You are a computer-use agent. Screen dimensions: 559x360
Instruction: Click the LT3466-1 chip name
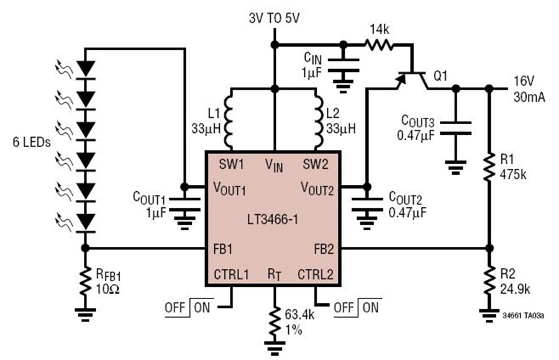coord(273,220)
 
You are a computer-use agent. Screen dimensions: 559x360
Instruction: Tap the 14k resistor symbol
coord(379,45)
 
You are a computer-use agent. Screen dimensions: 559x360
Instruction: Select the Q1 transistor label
coord(440,76)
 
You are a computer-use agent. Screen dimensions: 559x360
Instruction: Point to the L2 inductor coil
coord(319,119)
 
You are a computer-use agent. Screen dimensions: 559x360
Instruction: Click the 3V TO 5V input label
coord(274,19)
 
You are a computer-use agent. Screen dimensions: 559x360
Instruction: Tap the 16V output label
coord(524,81)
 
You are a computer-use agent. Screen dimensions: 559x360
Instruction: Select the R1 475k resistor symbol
coord(489,167)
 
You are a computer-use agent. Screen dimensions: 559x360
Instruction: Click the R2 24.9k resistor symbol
coord(489,280)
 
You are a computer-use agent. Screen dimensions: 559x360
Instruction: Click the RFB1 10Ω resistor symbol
coord(85,281)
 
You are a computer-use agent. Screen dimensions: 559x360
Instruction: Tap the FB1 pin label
coord(223,249)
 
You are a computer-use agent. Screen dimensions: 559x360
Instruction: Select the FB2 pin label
coord(324,249)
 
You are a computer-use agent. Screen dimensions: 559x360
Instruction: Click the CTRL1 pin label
coord(231,275)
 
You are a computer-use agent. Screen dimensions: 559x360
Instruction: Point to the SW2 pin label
coord(316,164)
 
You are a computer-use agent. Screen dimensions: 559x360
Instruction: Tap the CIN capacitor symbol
coord(343,65)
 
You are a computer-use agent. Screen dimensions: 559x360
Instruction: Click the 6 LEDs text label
coord(32,143)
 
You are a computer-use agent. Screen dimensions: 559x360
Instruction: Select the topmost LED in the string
coord(85,70)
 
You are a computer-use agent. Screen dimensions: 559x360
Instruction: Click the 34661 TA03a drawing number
coord(524,316)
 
